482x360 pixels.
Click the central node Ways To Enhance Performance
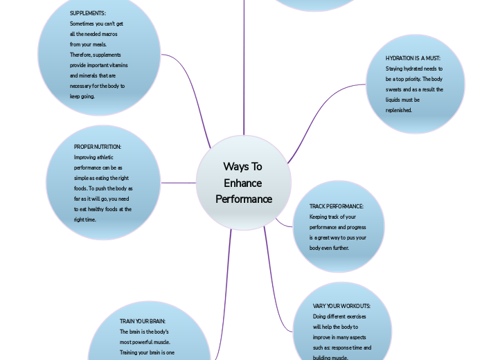click(x=244, y=183)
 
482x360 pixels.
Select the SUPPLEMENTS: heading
click(x=88, y=13)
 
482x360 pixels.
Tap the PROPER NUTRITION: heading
click(x=98, y=147)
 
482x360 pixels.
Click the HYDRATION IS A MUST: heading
click(x=413, y=59)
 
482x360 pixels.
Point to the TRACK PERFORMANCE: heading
click(x=337, y=206)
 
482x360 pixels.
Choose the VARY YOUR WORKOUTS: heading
click(x=341, y=306)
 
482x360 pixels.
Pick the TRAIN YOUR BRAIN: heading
click(x=143, y=321)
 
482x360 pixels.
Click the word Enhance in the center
click(x=243, y=183)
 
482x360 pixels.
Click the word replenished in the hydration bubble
click(x=399, y=110)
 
